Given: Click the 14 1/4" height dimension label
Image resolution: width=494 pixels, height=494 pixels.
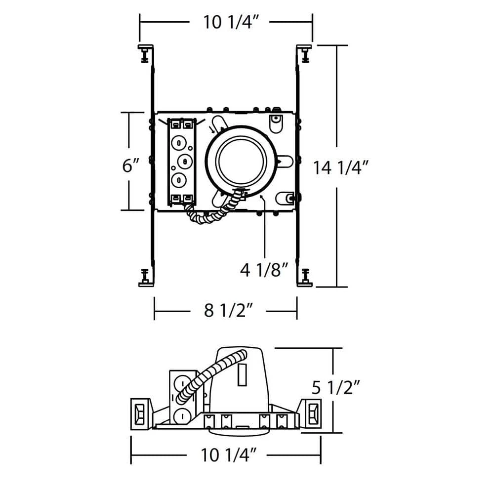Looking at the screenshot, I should pyautogui.click(x=341, y=168).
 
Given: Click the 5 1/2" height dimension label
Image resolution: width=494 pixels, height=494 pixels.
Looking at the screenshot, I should pyautogui.click(x=341, y=388).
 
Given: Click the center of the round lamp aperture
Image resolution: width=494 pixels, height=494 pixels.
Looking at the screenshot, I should pyautogui.click(x=241, y=161).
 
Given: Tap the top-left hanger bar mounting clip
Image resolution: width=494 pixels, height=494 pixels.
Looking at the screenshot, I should pyautogui.click(x=145, y=52).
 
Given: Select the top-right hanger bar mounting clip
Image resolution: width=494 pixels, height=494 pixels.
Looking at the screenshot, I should pyautogui.click(x=305, y=52).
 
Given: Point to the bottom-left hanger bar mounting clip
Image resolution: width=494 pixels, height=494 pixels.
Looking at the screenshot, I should pyautogui.click(x=145, y=277).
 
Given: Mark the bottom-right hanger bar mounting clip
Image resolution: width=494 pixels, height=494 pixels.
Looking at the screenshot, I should pyautogui.click(x=305, y=277).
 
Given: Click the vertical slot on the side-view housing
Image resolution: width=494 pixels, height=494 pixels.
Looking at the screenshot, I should pyautogui.click(x=242, y=374).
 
